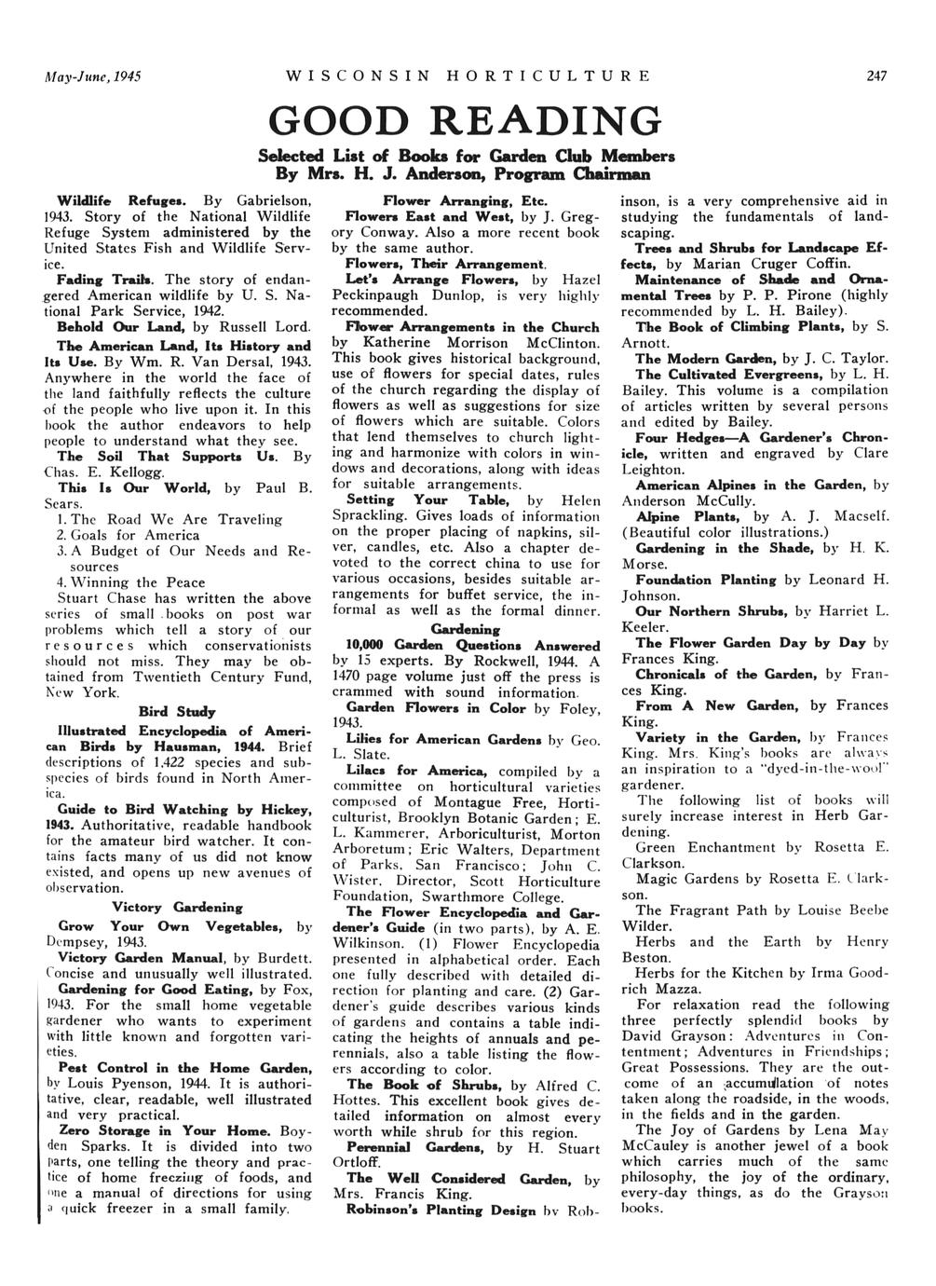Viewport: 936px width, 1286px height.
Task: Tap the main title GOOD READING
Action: click(466, 123)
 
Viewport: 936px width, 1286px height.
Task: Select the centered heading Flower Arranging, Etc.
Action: click(467, 200)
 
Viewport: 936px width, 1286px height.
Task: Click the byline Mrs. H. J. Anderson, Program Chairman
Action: click(466, 172)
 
